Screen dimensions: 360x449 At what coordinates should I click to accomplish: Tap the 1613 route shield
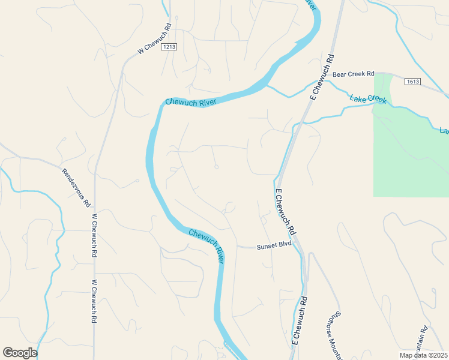[x=412, y=81]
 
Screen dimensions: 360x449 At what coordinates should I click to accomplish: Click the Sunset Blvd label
[x=274, y=246]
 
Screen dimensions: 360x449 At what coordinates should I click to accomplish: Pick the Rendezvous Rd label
[x=76, y=188]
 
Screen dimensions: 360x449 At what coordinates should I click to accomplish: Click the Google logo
[x=20, y=353]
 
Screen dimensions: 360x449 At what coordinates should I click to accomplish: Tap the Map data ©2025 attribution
[x=423, y=355]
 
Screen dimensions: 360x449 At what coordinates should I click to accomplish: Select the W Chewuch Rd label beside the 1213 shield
[x=155, y=40]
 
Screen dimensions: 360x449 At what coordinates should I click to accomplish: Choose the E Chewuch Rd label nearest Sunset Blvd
[x=285, y=212]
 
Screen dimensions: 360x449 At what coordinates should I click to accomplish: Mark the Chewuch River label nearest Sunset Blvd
[x=206, y=245]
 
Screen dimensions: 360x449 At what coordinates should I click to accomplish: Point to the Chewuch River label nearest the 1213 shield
[x=190, y=103]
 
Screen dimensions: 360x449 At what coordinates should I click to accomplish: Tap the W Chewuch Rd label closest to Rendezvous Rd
[x=94, y=236]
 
